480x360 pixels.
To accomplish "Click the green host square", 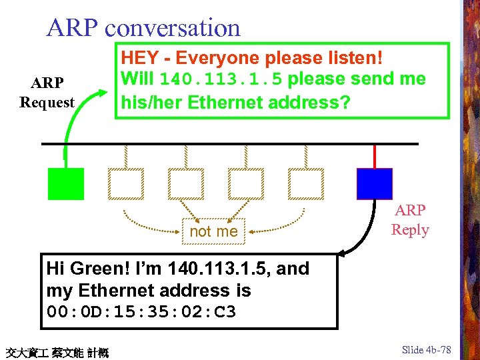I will [66, 184].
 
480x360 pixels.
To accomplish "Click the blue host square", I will [374, 184].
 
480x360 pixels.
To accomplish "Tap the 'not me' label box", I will [213, 231].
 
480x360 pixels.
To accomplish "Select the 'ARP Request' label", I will [47, 93].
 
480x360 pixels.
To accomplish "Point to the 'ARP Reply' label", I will [410, 220].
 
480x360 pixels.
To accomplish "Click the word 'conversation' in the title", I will [173, 27].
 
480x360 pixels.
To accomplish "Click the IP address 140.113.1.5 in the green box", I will [221, 80].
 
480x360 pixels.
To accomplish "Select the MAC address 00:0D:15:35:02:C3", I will [141, 312].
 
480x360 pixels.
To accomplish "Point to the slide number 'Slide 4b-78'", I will [427, 350].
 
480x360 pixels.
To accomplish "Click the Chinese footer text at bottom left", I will [57, 352].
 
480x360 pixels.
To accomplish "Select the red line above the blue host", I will [375, 156].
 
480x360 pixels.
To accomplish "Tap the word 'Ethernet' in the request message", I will [230, 103].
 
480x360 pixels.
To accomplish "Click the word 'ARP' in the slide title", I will [73, 27].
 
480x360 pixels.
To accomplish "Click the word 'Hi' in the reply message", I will [55, 269].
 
